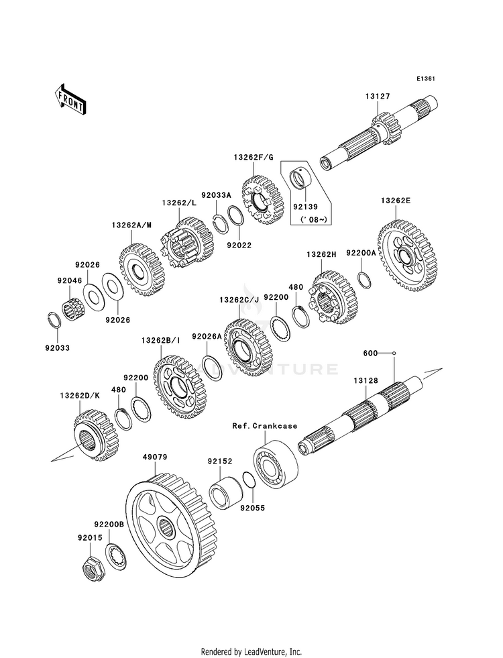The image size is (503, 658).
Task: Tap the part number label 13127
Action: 378,97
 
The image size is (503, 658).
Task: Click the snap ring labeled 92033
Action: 57,318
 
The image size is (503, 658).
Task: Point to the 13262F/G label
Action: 254,157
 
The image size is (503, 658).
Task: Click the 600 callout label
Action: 370,353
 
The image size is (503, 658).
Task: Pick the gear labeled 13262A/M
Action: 142,271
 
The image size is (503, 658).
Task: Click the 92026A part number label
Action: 207,337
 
